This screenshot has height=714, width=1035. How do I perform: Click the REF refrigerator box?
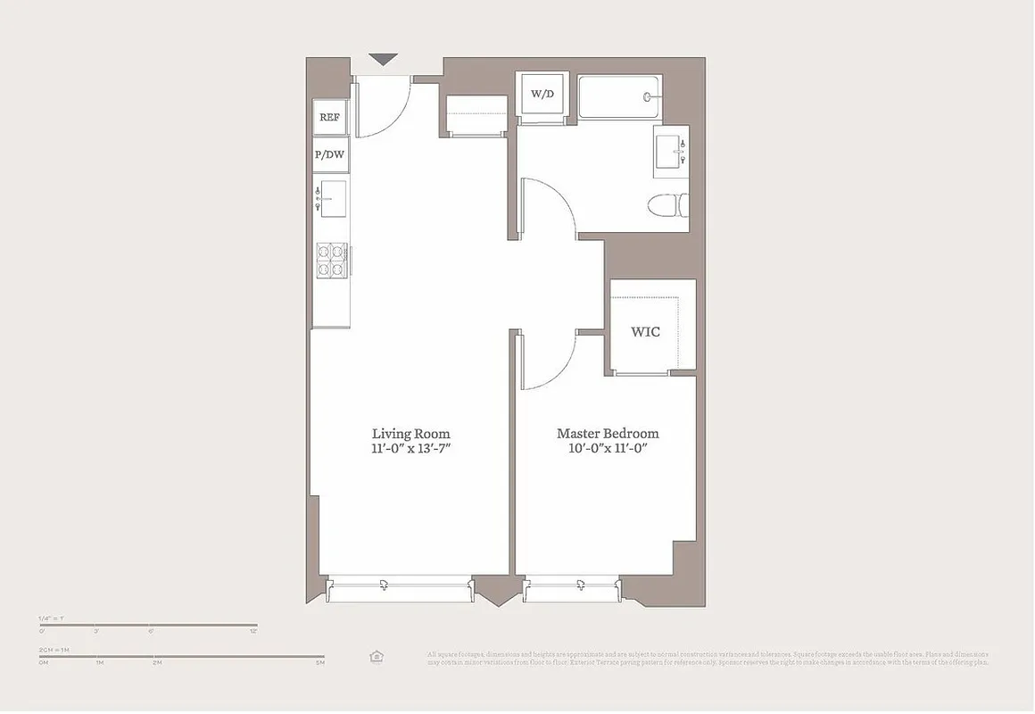click(330, 117)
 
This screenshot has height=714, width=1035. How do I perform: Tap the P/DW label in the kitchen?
click(329, 155)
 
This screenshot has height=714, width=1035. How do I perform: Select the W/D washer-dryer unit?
click(542, 94)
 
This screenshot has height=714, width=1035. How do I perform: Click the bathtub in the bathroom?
click(618, 97)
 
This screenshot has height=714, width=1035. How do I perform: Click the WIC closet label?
click(645, 332)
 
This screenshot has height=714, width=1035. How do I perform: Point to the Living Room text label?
click(410, 434)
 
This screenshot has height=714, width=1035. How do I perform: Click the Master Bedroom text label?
click(608, 434)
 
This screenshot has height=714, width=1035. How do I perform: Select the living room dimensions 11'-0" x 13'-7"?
click(410, 449)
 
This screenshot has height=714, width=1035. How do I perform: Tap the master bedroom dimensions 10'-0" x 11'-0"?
click(608, 449)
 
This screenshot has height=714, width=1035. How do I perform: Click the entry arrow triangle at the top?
click(384, 60)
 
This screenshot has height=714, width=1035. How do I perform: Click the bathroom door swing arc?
click(546, 207)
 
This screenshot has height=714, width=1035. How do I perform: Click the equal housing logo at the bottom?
click(376, 657)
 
